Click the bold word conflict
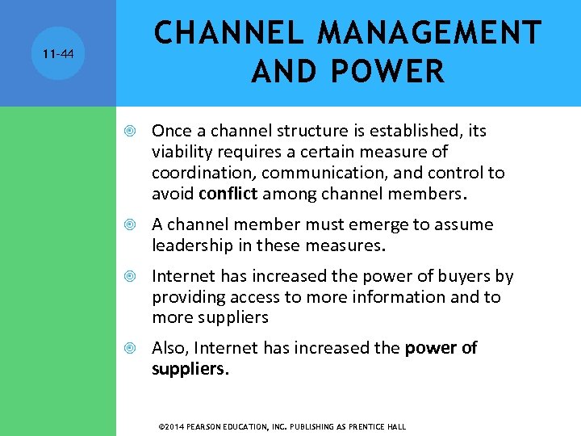[227, 193]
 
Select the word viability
[178, 152]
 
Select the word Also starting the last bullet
[169, 348]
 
